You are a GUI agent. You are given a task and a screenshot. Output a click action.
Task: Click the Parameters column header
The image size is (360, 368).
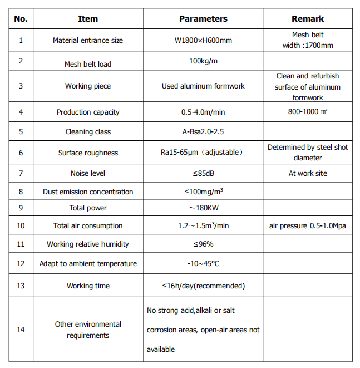point(203,19)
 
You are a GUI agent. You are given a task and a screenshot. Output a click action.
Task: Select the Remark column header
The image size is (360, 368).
point(308,19)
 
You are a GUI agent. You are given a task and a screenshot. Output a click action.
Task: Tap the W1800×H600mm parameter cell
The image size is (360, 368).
point(203,40)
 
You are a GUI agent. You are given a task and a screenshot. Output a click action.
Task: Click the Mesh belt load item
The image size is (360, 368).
point(88,64)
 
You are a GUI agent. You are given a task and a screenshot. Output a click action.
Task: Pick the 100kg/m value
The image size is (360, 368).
point(203,60)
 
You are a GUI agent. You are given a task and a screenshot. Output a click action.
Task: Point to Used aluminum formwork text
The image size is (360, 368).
point(203,86)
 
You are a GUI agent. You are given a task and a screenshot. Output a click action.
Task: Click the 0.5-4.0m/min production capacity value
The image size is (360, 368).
point(203,112)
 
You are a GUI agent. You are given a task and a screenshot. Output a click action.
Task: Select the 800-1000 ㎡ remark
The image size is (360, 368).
point(308,111)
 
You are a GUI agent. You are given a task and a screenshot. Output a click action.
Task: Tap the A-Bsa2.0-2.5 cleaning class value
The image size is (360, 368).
point(203,132)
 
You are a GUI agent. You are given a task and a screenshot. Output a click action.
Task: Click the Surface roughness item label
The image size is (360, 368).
point(88,153)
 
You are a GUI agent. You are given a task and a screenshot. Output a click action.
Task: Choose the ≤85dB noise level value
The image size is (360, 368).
point(203,173)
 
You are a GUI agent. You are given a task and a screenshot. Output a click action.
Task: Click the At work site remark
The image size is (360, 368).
point(308,173)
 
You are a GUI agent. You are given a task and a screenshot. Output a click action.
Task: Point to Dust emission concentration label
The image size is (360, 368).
point(88,192)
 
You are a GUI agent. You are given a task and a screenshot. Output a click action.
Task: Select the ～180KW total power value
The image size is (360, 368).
point(203,208)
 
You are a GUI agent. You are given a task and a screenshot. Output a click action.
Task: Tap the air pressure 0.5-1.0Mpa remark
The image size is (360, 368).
point(308,226)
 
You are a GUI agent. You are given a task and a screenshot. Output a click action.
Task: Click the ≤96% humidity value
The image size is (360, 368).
point(203,244)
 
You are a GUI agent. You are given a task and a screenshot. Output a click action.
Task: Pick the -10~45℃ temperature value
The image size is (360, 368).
point(203,263)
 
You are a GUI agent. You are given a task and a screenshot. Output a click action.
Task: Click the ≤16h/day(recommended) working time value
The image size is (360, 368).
point(203,286)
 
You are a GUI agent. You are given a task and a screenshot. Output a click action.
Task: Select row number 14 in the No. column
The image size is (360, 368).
point(21,330)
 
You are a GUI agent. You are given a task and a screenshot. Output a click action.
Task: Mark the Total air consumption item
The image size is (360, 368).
point(88,226)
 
